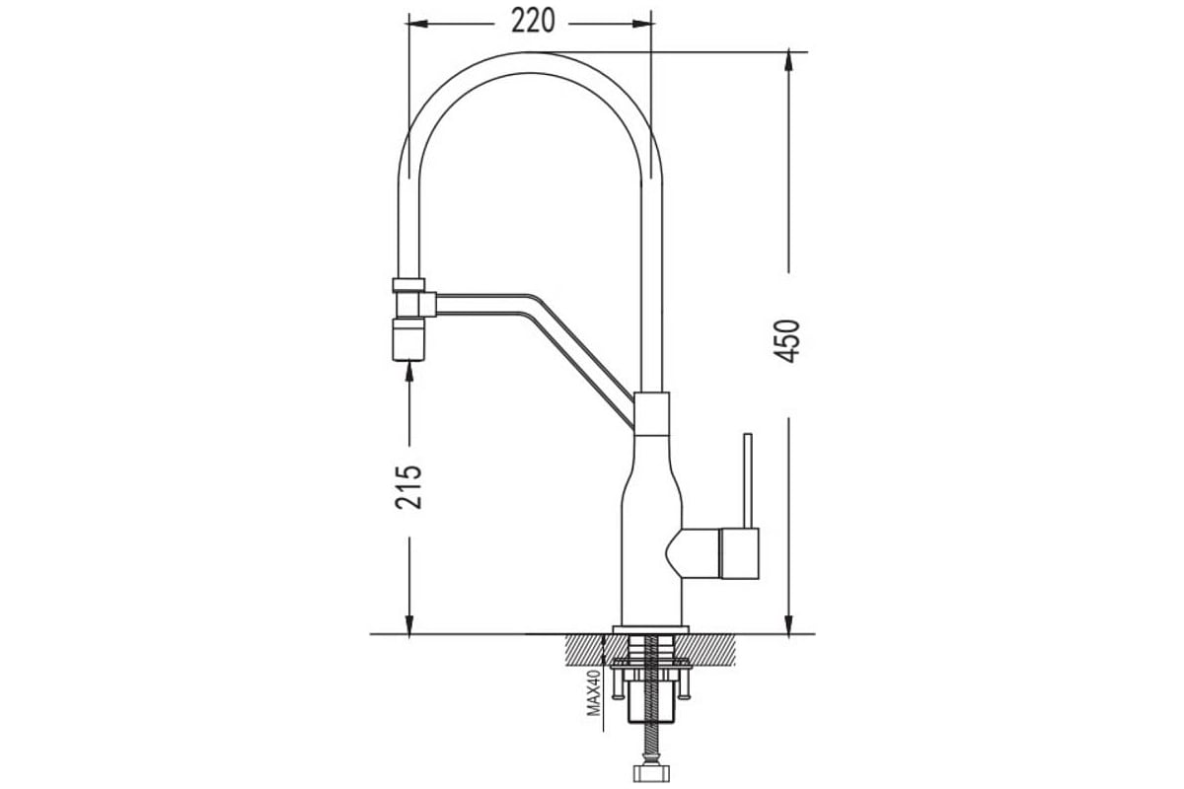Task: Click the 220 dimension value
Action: click(x=533, y=22)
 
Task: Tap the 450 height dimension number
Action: click(x=787, y=341)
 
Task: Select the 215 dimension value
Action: click(x=408, y=487)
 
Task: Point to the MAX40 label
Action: click(x=594, y=692)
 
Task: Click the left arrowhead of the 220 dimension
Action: click(x=417, y=24)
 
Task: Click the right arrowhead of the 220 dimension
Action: click(x=643, y=24)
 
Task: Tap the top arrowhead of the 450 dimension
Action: click(x=788, y=60)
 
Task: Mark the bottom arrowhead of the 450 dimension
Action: click(x=788, y=624)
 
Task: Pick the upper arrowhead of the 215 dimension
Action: click(x=409, y=372)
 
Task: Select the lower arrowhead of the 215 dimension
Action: click(x=409, y=624)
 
